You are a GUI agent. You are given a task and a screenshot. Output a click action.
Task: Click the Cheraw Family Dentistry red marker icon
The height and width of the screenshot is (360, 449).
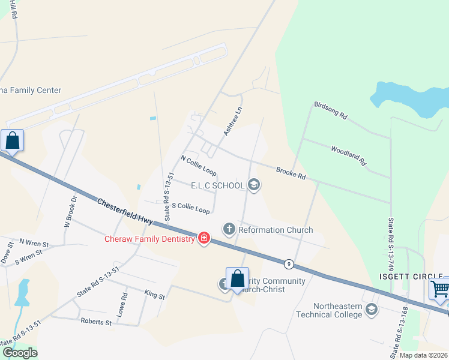click(204, 238)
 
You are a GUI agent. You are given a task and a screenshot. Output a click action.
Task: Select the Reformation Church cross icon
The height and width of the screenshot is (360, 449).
click(228, 229)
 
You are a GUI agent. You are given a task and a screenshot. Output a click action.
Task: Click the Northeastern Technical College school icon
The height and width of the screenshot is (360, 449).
click(371, 310)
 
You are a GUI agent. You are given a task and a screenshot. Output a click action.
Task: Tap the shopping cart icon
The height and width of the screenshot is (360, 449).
click(439, 289)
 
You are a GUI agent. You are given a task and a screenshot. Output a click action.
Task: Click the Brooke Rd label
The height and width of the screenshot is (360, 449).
click(291, 174)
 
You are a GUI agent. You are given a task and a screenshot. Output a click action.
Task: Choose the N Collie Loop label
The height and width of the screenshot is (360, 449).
click(198, 165)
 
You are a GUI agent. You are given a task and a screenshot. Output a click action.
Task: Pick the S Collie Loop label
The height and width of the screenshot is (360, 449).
click(191, 208)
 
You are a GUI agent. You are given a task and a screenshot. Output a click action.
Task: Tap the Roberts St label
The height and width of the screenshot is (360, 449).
click(96, 322)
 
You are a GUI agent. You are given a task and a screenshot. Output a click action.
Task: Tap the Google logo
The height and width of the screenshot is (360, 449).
click(20, 352)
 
